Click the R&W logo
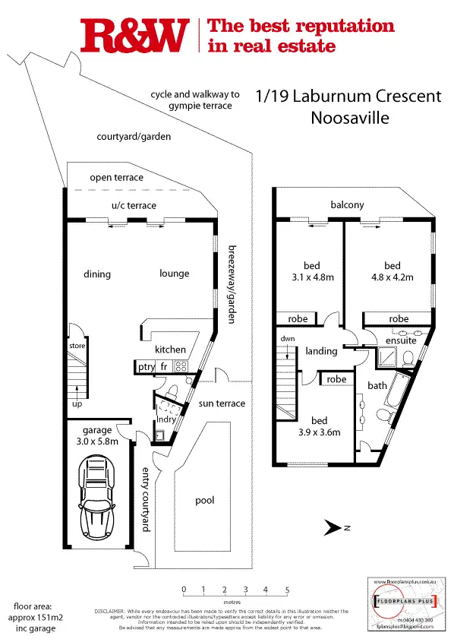point(134,36)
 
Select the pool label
point(204,501)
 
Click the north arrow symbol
point(332,526)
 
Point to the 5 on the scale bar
point(287,590)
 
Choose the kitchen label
point(170,350)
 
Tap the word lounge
point(174,274)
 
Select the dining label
point(97,274)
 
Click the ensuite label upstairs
point(392,342)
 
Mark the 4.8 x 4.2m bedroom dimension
point(392,277)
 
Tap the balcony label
point(347,205)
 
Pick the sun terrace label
point(221,403)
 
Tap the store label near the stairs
point(78,345)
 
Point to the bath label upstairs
point(377,386)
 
